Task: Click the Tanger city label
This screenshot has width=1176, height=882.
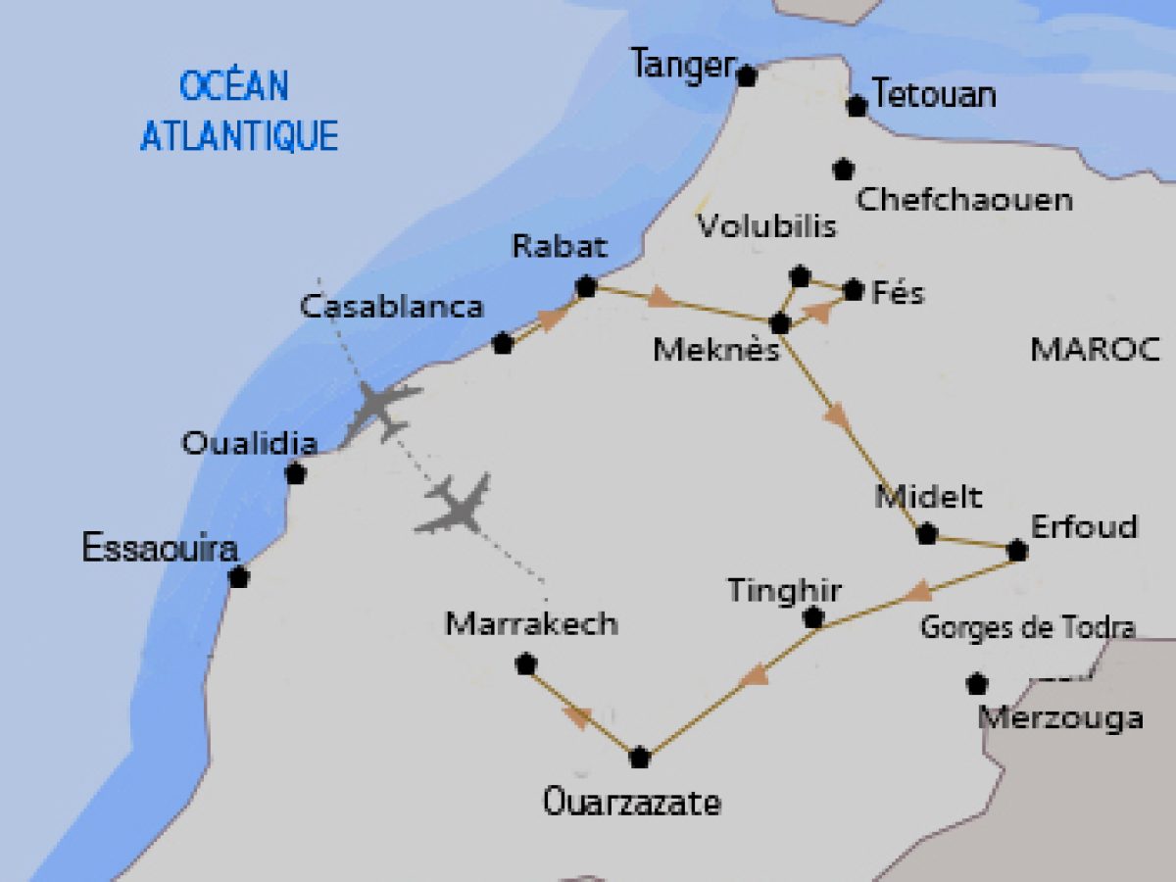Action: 682,66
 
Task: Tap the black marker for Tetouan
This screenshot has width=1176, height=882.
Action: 857,106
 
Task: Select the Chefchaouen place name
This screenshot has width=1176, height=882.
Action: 964,200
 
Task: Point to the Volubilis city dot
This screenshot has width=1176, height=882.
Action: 800,276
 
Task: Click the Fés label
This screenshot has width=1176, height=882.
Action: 898,292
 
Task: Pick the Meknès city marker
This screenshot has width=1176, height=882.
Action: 780,323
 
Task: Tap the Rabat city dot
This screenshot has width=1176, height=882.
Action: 586,287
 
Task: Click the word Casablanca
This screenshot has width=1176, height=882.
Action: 391,307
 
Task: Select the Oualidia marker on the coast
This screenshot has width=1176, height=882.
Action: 295,474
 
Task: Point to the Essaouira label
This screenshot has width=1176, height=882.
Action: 160,548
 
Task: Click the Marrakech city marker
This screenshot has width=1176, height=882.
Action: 526,664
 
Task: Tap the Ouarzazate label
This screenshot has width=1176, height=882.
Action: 632,804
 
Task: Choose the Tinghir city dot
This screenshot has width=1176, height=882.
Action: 812,618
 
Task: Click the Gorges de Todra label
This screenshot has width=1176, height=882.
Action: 1027,628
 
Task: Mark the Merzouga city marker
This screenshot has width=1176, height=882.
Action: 976,683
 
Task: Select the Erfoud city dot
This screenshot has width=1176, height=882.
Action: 1017,551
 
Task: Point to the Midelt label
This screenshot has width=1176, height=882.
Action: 927,497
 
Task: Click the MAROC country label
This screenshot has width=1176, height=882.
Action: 1095,349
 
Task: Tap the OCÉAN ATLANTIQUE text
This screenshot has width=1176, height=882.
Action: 238,111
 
